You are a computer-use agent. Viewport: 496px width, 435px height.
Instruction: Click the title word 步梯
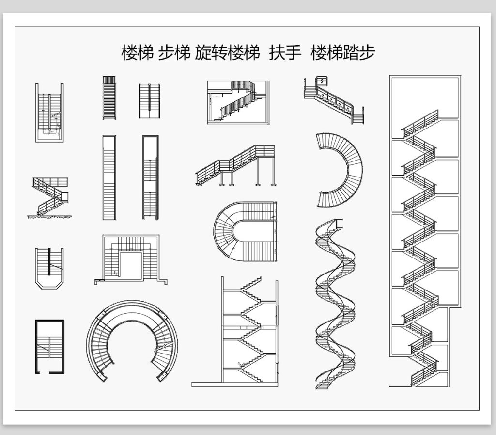tap(174, 52)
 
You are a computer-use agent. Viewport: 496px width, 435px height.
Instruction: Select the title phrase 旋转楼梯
tap(227, 52)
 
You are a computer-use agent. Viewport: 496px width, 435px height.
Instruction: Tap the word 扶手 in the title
tap(285, 52)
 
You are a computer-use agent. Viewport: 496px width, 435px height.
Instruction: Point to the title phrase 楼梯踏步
tap(342, 52)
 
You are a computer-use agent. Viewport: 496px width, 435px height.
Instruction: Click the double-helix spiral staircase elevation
tap(335, 304)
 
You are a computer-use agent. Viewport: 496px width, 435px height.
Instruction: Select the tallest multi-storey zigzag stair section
tap(425, 231)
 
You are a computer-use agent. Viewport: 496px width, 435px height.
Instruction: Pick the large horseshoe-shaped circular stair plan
tap(132, 340)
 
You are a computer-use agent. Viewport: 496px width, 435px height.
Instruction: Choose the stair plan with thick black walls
tap(49, 347)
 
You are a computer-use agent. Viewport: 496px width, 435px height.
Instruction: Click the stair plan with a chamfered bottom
tap(49, 268)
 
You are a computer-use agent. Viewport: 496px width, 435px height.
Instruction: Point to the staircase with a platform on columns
tap(236, 165)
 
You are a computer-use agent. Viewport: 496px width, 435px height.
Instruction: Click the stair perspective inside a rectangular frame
tap(238, 102)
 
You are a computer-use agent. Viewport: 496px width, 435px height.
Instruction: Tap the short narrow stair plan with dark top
tap(109, 97)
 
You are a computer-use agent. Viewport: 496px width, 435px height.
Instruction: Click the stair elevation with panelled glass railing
tap(334, 100)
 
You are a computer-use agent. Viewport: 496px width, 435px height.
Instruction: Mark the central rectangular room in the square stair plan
tap(131, 265)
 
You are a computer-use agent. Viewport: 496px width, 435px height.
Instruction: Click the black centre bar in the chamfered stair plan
tap(49, 262)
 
